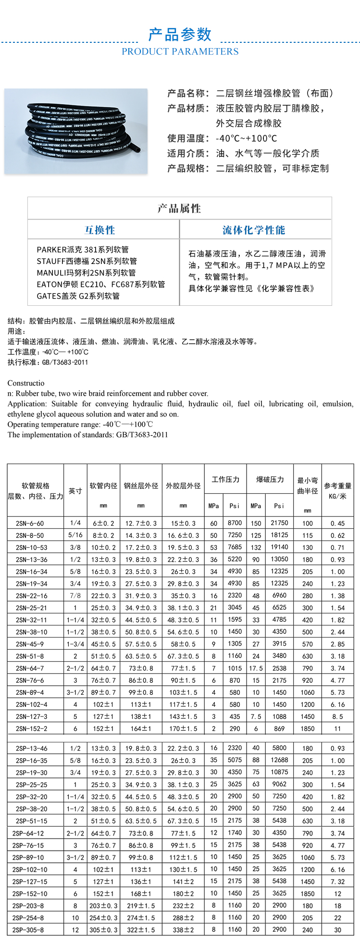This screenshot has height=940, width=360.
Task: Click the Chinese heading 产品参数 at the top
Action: click(180, 35)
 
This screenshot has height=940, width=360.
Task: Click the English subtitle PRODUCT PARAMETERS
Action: click(180, 51)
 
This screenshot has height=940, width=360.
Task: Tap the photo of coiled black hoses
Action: click(76, 130)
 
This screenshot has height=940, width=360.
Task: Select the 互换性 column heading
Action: click(100, 230)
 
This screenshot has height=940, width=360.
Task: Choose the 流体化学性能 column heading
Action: click(254, 230)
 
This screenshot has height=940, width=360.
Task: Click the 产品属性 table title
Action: click(179, 209)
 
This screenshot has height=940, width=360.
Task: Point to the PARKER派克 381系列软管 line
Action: click(83, 250)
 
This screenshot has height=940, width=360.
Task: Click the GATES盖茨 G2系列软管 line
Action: click(78, 296)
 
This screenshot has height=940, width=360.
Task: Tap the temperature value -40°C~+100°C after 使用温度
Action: click(247, 138)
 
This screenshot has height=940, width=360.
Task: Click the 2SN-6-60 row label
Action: click(30, 523)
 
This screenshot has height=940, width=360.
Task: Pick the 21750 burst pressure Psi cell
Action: click(279, 523)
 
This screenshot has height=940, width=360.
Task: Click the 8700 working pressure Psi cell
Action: click(235, 523)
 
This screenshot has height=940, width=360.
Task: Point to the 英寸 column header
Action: click(75, 491)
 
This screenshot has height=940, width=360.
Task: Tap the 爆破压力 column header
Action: click(270, 479)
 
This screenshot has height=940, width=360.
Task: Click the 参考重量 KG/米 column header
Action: click(337, 491)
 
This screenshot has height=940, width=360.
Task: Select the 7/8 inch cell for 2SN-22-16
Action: click(75, 596)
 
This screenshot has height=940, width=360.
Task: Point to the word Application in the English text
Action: click(26, 404)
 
